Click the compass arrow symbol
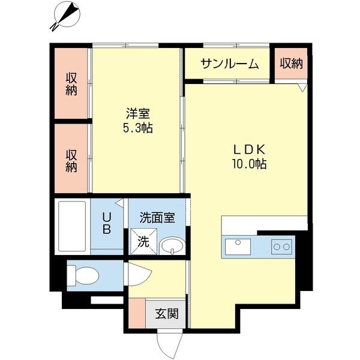click(67, 15)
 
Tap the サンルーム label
click(229, 64)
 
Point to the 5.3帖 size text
click(137, 128)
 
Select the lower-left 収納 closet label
click(71, 160)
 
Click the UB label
click(106, 223)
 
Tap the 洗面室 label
click(157, 217)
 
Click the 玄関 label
click(166, 313)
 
